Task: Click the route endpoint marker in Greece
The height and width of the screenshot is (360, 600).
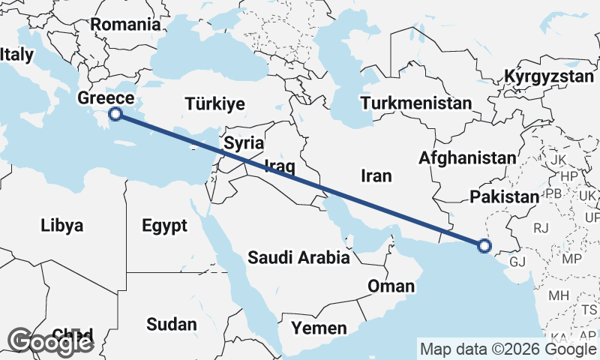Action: [x=115, y=114]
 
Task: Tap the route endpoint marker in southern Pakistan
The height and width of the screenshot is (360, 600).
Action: [x=484, y=244]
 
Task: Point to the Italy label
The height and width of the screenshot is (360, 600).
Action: [x=16, y=55]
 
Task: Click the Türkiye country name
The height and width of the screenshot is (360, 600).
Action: [x=214, y=103]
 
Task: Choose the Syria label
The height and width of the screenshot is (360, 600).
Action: [x=244, y=142]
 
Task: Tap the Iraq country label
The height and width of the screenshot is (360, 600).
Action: [x=278, y=166]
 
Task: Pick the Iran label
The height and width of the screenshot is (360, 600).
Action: [x=376, y=175]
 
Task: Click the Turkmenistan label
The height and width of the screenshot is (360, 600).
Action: [x=415, y=103]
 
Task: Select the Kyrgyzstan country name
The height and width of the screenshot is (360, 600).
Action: [x=549, y=76]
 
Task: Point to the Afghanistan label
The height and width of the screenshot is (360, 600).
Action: [x=468, y=158]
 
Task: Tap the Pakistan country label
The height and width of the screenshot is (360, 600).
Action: [x=505, y=196]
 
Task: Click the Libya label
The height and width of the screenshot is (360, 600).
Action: [x=61, y=226]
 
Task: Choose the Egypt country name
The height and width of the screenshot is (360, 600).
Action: [x=163, y=225]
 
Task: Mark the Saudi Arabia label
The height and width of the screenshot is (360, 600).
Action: [x=299, y=258]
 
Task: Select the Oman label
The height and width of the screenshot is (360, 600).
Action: [x=390, y=286]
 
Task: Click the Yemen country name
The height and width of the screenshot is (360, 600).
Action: [x=319, y=328]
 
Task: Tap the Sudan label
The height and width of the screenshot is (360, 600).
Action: [x=172, y=325]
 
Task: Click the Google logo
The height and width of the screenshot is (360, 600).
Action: [x=51, y=342]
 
